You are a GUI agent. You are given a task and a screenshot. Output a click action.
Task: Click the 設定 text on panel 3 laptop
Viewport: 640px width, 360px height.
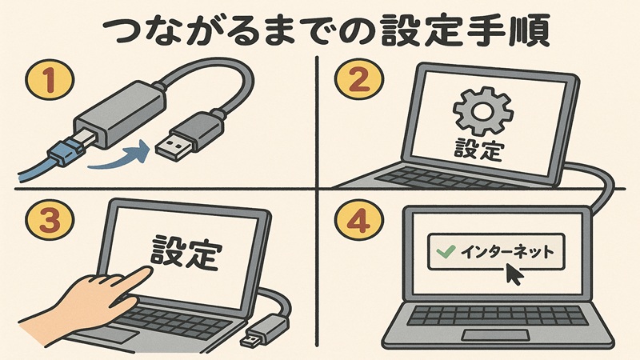coord(186,251)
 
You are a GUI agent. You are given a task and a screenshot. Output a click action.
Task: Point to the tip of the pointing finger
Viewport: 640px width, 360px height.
coord(150,272)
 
